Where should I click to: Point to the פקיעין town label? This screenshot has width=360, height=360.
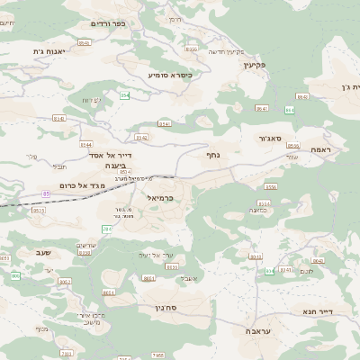click(256, 65)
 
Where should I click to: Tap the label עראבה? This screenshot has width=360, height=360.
click(261, 331)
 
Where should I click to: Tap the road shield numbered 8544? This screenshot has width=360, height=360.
click(87, 144)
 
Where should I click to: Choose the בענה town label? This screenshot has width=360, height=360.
click(115, 166)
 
